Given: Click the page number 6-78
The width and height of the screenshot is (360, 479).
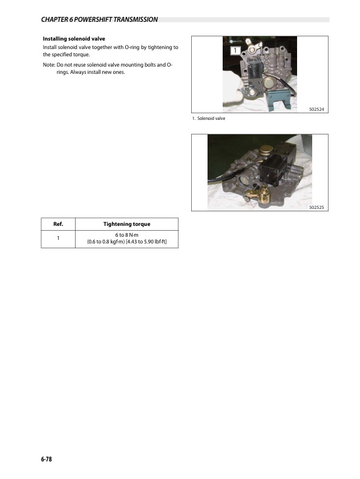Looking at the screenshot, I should click(47, 460).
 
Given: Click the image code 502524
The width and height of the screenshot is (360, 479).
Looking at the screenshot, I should click(316, 110).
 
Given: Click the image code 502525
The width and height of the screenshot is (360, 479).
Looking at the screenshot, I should click(316, 207).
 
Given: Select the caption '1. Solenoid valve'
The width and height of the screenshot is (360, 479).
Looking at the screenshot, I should click(209, 118).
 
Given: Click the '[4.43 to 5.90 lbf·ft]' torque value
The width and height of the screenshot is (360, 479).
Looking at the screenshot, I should click(146, 243).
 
